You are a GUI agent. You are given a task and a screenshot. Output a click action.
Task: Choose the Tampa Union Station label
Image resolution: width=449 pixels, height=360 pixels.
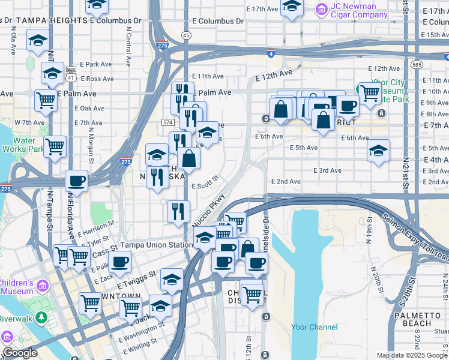point(156,245)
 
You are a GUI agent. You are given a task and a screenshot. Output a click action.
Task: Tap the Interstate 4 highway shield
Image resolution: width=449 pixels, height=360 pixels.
point(271,53)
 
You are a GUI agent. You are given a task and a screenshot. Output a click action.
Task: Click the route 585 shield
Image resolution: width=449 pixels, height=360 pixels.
point(417,63)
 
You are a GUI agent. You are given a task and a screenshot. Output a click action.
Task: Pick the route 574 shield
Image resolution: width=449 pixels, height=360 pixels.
point(167,122)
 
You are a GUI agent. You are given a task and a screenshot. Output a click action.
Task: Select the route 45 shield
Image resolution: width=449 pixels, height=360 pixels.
point(187,36)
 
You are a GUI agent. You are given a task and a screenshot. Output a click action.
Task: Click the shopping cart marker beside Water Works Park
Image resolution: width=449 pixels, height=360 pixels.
point(55,145)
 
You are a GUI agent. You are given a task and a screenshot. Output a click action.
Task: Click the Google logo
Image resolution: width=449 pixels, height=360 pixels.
point(20,353)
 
